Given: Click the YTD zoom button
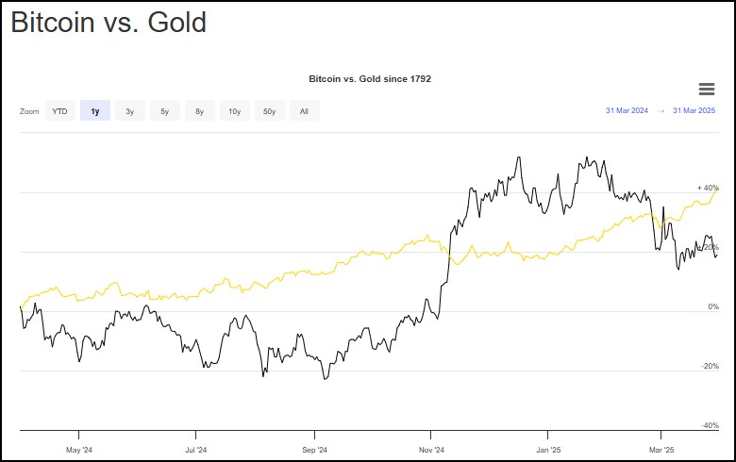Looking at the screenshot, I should (59, 111).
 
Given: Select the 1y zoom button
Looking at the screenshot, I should (94, 111).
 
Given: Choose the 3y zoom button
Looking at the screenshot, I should (129, 111).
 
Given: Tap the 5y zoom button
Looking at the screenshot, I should (164, 111).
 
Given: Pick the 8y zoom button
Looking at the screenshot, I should (199, 111).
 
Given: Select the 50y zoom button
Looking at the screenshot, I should (269, 111).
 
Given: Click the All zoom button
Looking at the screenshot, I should (304, 111).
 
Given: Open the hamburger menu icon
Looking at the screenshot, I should (706, 89).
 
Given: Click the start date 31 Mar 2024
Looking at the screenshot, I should (627, 111).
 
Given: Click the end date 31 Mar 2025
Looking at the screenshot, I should (695, 111).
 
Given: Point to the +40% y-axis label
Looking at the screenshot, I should (708, 188).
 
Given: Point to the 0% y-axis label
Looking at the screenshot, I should (713, 306).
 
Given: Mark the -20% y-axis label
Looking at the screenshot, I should (711, 366).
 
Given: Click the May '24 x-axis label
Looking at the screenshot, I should (78, 450).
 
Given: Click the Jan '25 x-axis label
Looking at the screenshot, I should (548, 450).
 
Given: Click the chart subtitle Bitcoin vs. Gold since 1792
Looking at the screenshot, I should (370, 78).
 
